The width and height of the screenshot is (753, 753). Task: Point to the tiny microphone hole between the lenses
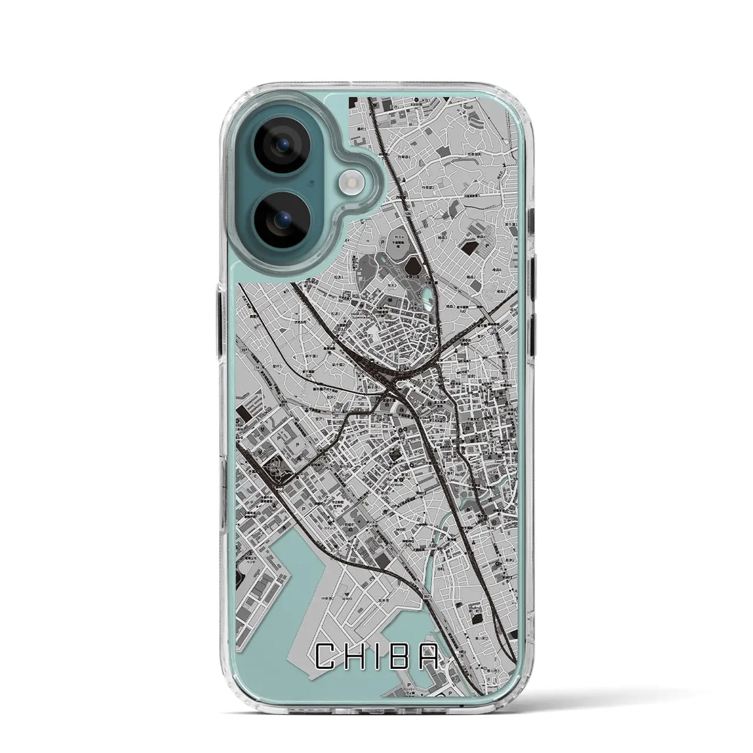(312, 183)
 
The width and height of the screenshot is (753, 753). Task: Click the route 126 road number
(408, 214)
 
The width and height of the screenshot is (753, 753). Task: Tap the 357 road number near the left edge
(244, 349)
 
